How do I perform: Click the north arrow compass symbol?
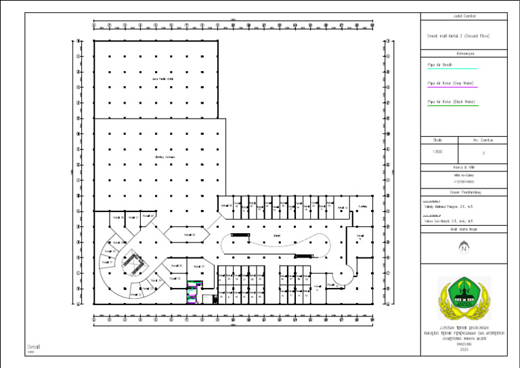click(463, 248)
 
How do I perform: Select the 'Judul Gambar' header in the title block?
click(463, 15)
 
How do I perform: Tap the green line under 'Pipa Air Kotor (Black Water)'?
click(453, 106)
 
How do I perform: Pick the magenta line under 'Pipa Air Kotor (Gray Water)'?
click(453, 87)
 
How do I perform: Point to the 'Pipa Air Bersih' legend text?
click(440, 65)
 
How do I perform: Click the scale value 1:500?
click(437, 152)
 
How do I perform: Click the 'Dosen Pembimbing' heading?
click(463, 192)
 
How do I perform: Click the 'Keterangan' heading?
click(463, 52)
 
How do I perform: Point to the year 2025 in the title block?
click(463, 349)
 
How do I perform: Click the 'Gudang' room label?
click(363, 206)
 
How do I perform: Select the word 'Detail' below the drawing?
click(34, 346)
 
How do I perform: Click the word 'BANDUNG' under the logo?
click(463, 344)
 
